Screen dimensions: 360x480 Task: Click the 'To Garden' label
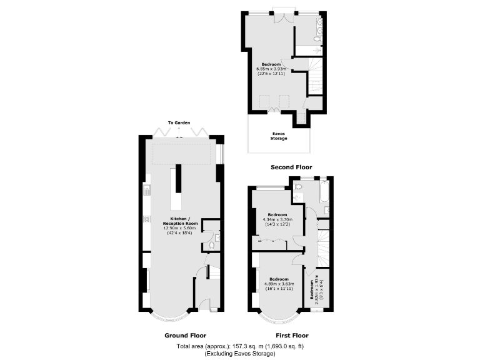pos(179,122)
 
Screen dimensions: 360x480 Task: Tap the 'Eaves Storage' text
pos(279,136)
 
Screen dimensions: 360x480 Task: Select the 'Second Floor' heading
pos(291,167)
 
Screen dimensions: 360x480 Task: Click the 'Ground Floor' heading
pos(185,335)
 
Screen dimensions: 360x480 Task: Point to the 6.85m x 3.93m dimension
pos(271,69)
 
